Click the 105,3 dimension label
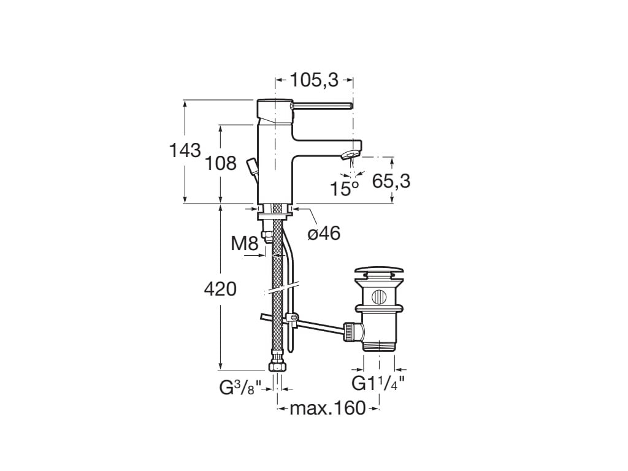[x=314, y=80]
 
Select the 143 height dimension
[x=185, y=150]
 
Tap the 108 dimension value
[x=221, y=163]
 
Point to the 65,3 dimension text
[x=391, y=181]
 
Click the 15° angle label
[x=343, y=188]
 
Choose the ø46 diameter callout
[x=323, y=233]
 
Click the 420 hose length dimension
[x=220, y=288]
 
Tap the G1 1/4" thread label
[x=377, y=385]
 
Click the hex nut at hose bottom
[x=277, y=366]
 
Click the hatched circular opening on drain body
[x=379, y=298]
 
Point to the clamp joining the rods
[x=293, y=318]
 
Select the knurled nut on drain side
[x=352, y=331]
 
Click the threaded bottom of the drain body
[x=378, y=344]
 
